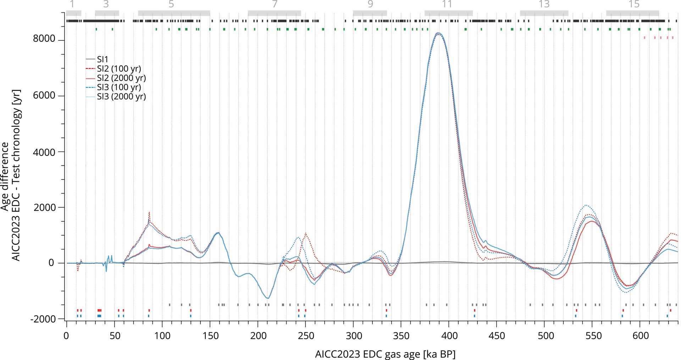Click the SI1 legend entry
102,59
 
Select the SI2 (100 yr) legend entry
118,68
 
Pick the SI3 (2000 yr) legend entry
121,96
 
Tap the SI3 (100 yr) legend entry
118,87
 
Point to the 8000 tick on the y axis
44,39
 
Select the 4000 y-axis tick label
44,152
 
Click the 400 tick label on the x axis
449,336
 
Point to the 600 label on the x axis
641,336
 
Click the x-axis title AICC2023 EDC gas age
385,354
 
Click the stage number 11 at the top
447,4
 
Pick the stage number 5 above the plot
171,4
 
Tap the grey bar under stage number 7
274,13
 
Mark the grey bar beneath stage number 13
544,13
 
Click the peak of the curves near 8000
438,33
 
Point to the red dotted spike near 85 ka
149,212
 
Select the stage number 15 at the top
634,4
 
